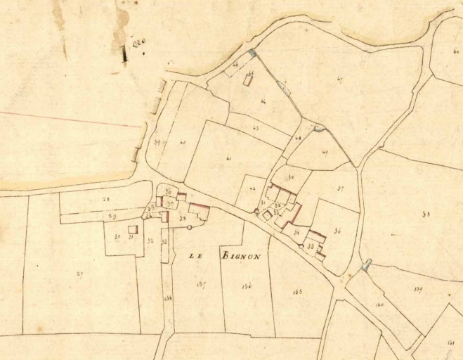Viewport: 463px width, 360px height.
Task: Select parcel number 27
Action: click(79, 274)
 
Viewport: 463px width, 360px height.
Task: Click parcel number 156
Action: click(246, 285)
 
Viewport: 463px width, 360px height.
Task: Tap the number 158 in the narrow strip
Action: click(167, 299)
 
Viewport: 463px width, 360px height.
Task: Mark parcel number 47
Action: click(340, 79)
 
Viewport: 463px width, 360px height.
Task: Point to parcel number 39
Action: click(156, 143)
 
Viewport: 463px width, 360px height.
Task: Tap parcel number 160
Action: click(380, 304)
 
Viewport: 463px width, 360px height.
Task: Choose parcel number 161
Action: click(450, 342)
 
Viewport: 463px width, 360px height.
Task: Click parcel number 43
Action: click(255, 127)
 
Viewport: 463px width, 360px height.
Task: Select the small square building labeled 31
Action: click(131, 230)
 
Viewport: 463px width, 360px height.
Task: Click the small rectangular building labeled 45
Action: click(248, 79)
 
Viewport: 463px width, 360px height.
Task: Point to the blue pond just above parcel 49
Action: click(320, 128)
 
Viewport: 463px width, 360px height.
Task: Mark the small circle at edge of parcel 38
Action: click(189, 227)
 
